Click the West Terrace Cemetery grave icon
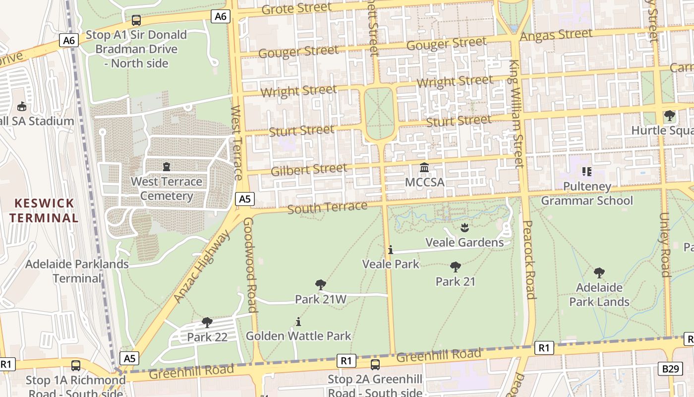[x=166, y=167]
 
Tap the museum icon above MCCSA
[x=424, y=168]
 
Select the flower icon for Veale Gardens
[x=464, y=228]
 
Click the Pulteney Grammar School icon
[x=587, y=172]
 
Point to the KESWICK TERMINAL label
[x=44, y=210]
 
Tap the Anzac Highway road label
[x=202, y=266]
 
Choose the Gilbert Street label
[x=309, y=170]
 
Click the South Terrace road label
[x=327, y=207]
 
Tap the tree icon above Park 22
[x=207, y=323]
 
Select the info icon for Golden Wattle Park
[x=298, y=322]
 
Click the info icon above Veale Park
[x=391, y=250]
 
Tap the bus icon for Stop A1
[x=136, y=20]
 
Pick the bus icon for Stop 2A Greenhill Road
[x=375, y=365]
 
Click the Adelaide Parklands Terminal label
[x=77, y=271]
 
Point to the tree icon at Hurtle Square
[x=670, y=116]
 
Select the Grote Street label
[x=296, y=8]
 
